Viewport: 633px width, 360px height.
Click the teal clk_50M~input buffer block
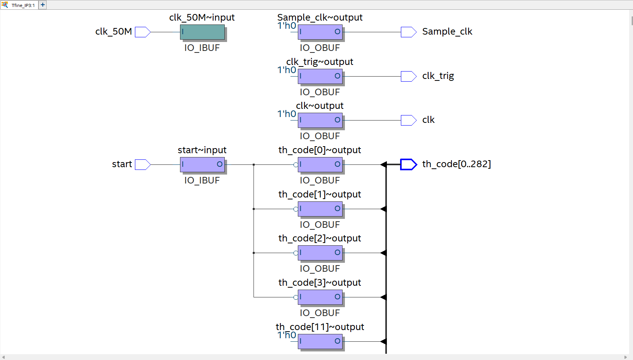click(202, 32)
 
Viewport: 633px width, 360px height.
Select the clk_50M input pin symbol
click(142, 32)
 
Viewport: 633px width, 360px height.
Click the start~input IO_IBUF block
click(202, 164)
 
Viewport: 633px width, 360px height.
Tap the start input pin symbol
click(142, 164)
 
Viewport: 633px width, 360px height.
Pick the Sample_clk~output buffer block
click(320, 32)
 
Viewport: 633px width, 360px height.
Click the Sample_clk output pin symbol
click(408, 32)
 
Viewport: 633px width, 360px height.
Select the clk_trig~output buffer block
click(320, 76)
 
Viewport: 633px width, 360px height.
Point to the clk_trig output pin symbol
click(408, 76)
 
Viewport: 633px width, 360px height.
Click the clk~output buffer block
click(320, 120)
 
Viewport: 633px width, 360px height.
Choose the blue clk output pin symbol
click(408, 120)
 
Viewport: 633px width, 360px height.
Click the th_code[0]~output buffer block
click(320, 164)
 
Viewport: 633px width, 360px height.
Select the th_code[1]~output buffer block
click(320, 209)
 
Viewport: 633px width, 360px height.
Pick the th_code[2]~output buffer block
click(320, 253)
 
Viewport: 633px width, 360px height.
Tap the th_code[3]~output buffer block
click(320, 297)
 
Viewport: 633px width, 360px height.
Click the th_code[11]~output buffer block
click(320, 341)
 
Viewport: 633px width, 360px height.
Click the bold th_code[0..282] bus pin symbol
click(408, 164)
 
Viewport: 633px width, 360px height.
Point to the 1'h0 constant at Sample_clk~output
click(287, 26)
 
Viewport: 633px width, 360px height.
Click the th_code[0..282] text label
click(456, 164)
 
